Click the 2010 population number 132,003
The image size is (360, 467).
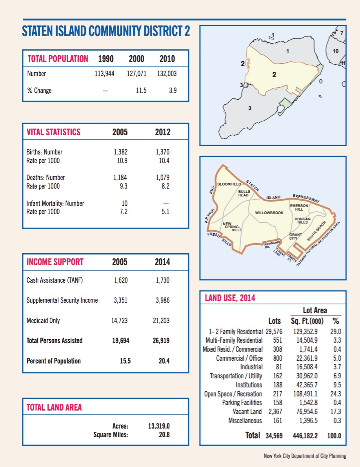click(x=167, y=74)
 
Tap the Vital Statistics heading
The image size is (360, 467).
click(x=53, y=132)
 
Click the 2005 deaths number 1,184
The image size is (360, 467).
click(x=120, y=178)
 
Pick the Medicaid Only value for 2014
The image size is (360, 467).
click(x=161, y=321)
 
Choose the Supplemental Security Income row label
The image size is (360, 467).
click(x=62, y=300)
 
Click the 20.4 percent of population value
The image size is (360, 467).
click(x=164, y=361)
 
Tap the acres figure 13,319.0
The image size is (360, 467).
click(x=159, y=426)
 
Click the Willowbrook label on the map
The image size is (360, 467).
click(x=269, y=213)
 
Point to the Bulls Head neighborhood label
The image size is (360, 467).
click(x=244, y=193)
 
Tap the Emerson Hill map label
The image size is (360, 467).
click(x=299, y=207)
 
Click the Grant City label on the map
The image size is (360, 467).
click(x=295, y=236)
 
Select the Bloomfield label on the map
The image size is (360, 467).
click(x=229, y=184)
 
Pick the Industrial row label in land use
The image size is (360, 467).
click(x=251, y=367)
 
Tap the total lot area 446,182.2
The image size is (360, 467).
click(x=307, y=436)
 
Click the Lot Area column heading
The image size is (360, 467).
click(x=315, y=311)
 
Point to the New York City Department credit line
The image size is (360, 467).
click(x=305, y=456)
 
